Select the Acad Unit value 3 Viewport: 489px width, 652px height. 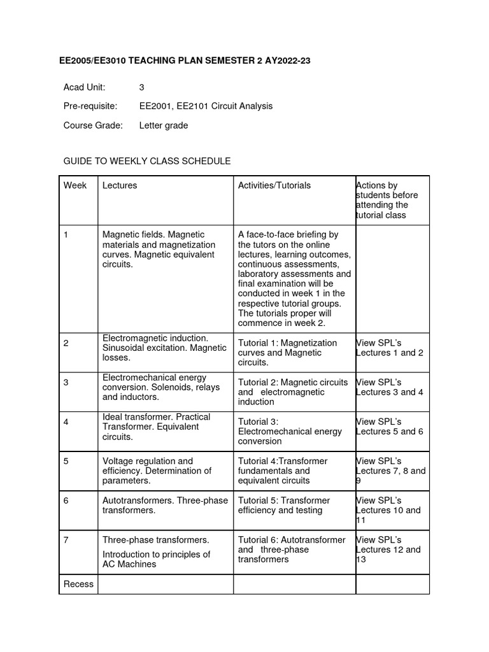tap(142, 87)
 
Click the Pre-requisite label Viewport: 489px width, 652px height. tap(90, 106)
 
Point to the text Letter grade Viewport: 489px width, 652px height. tap(164, 125)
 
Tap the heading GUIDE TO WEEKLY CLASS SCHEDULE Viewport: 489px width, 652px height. tap(147, 161)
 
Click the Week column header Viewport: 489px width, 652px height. tap(75, 185)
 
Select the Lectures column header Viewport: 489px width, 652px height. tap(120, 185)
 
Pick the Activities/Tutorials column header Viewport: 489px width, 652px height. tap(274, 185)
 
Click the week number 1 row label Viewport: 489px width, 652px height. tap(66, 235)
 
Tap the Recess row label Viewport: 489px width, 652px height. tap(78, 584)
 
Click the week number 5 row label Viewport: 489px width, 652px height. tap(66, 461)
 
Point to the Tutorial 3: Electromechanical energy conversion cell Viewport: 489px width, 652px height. tap(290, 431)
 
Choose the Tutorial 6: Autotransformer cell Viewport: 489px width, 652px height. tap(292, 549)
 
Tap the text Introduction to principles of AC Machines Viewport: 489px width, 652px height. tap(156, 559)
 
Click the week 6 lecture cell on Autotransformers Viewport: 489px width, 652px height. tap(165, 506)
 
